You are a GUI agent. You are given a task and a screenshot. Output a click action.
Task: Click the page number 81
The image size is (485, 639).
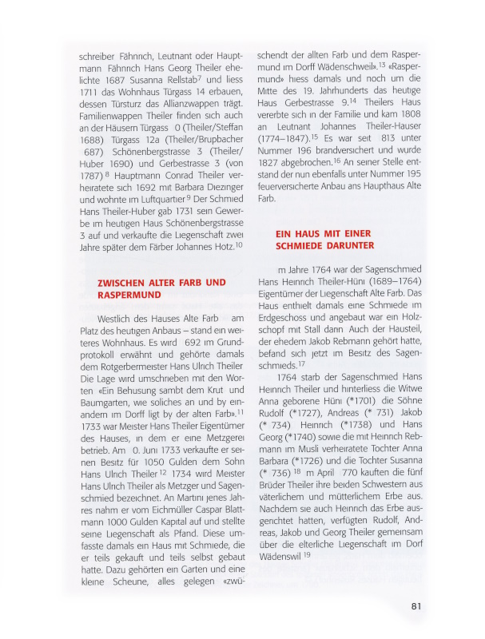pos(415,605)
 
